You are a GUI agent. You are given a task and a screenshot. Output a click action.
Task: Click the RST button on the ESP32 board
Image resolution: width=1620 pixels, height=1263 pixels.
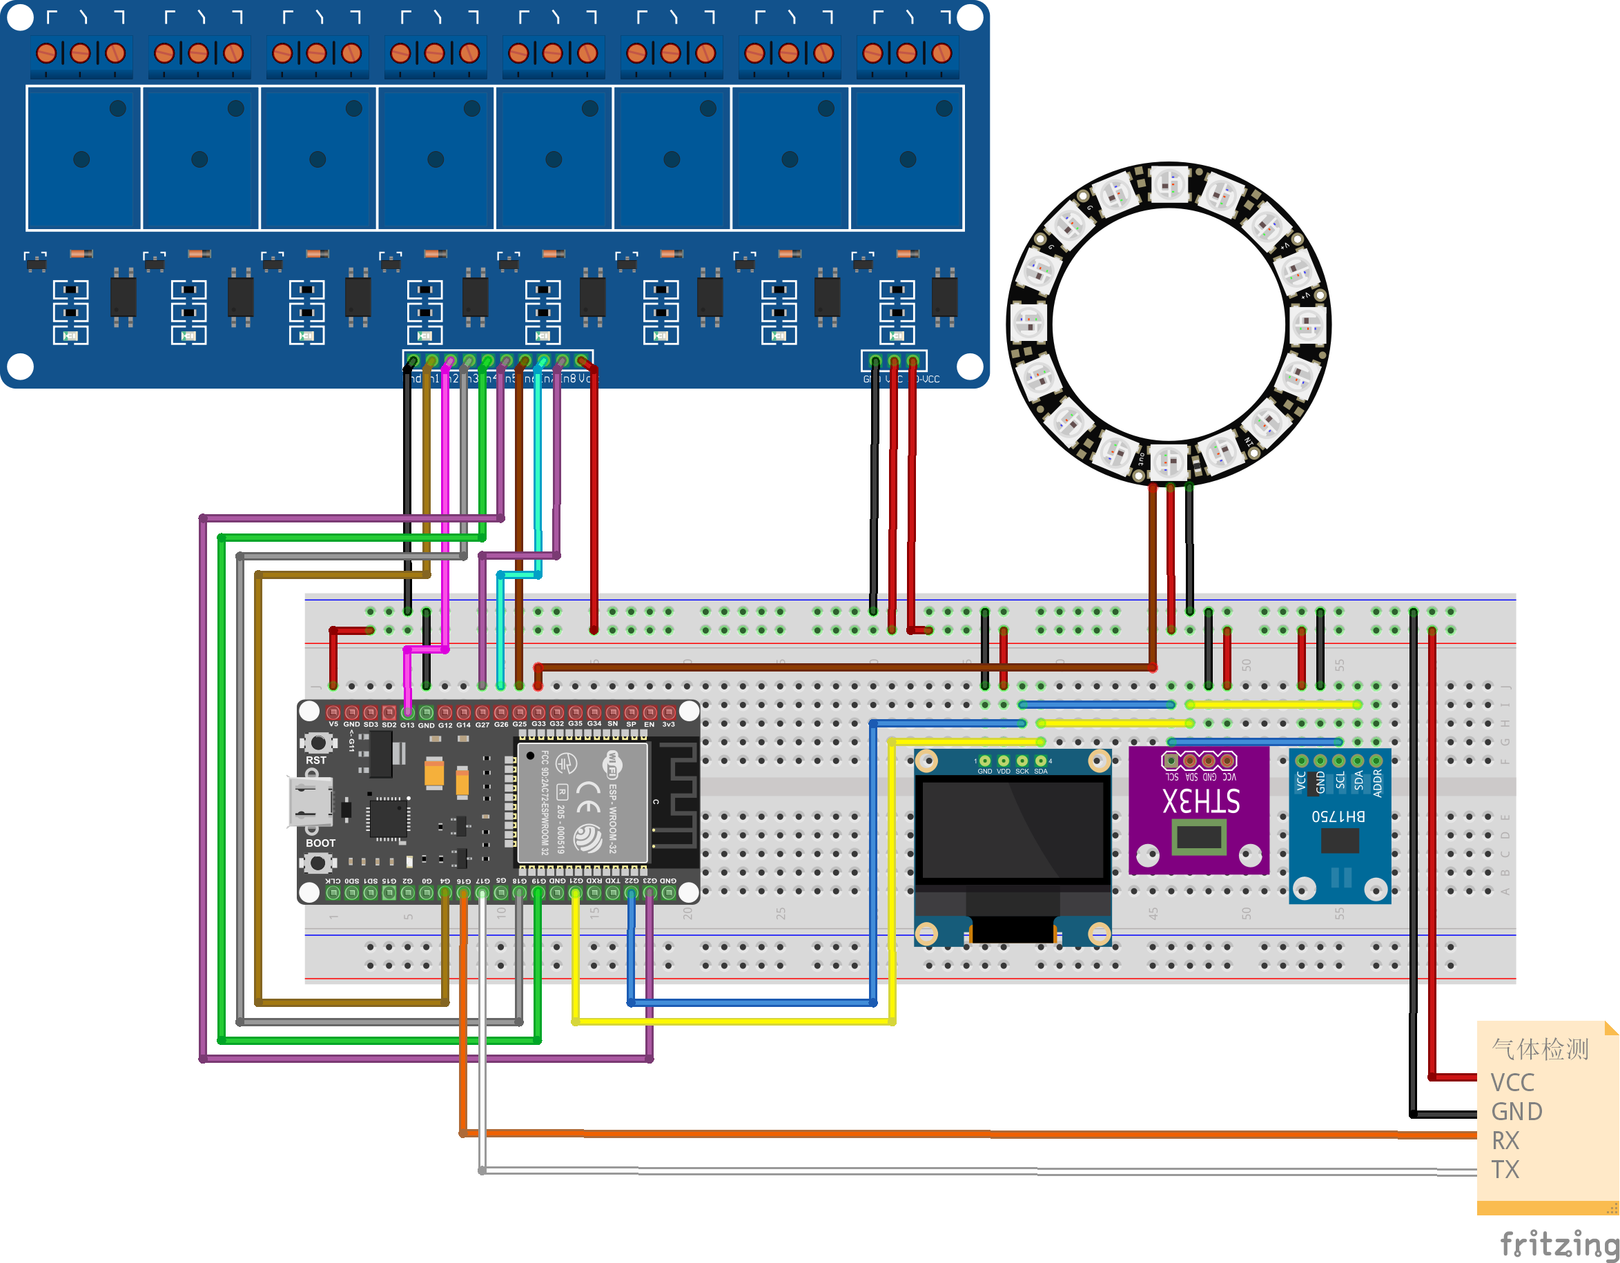(318, 742)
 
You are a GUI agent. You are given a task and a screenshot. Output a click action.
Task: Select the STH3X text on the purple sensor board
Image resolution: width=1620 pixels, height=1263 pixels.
(1200, 801)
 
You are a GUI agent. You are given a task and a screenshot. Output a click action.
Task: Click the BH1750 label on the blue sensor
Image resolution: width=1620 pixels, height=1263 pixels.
(1338, 816)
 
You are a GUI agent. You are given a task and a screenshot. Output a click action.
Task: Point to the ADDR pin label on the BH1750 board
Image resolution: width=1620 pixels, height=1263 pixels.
(1378, 783)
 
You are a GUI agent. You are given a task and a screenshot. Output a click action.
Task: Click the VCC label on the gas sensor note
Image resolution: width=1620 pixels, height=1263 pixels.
(1512, 1083)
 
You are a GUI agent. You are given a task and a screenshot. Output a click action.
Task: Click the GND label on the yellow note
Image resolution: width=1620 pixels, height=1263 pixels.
(1516, 1112)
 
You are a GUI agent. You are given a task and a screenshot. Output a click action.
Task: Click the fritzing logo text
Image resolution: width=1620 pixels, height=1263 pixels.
(1558, 1244)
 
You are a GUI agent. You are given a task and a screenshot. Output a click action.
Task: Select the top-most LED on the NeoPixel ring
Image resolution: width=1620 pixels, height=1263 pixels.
(1169, 182)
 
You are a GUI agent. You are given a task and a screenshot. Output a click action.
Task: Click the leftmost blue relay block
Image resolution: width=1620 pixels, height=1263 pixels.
(83, 157)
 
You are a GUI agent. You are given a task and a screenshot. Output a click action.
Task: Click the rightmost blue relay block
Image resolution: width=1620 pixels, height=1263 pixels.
(907, 157)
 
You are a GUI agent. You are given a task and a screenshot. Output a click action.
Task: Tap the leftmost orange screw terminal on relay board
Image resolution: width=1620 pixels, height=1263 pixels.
(46, 53)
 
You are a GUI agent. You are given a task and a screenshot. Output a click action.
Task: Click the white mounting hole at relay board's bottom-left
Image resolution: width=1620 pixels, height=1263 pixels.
(20, 366)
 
